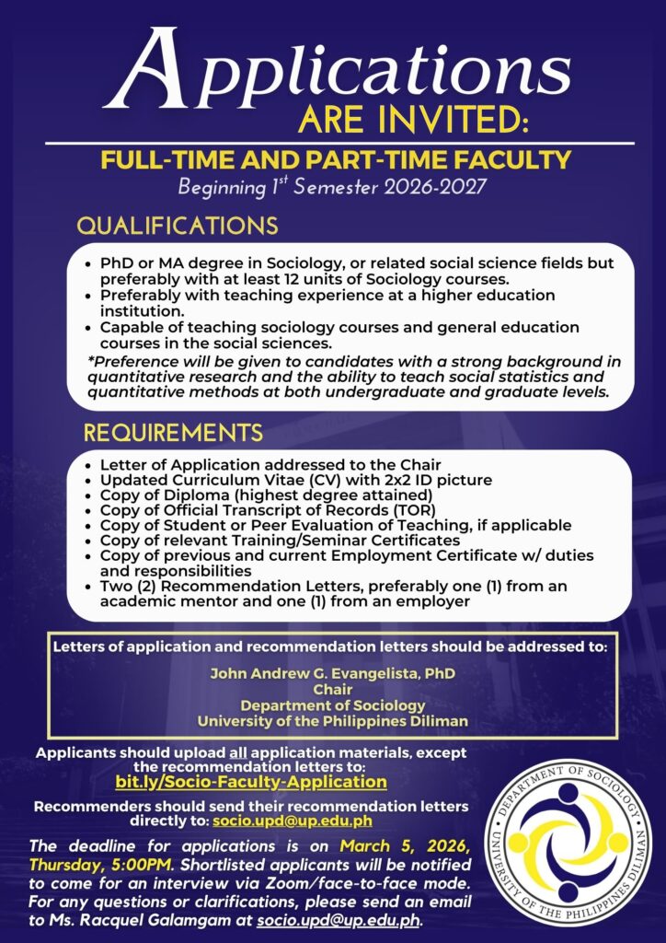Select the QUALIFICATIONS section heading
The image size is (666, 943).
[x=177, y=226]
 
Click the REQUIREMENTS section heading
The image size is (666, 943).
[x=173, y=432]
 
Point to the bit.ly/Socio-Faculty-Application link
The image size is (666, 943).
[x=251, y=782]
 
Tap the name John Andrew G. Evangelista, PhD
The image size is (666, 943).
[x=332, y=673]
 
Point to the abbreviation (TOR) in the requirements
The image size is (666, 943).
[x=417, y=509]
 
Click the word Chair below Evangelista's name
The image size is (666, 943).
[x=333, y=689]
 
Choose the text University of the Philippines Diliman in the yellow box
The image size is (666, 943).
[x=332, y=720]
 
